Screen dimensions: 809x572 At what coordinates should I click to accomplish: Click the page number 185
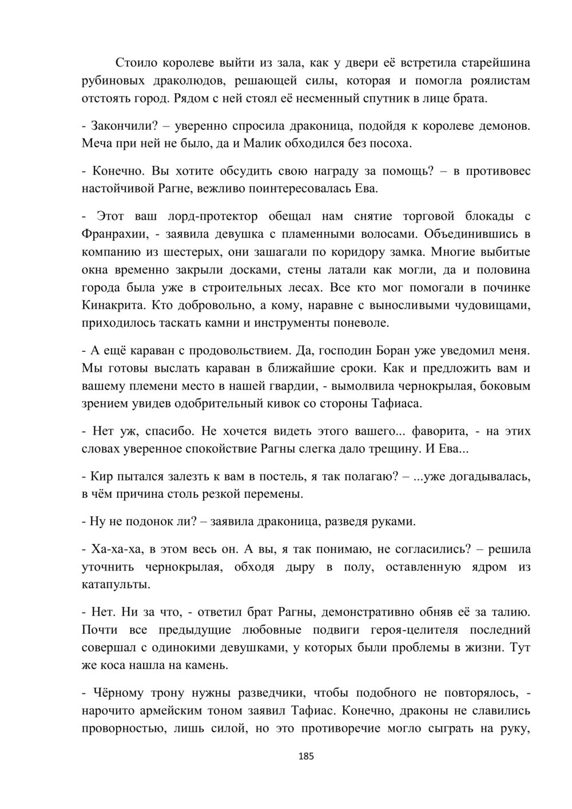(x=306, y=756)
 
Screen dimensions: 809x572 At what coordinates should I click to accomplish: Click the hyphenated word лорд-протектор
(x=213, y=216)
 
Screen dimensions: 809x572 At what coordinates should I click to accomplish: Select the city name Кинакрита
(x=113, y=305)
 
